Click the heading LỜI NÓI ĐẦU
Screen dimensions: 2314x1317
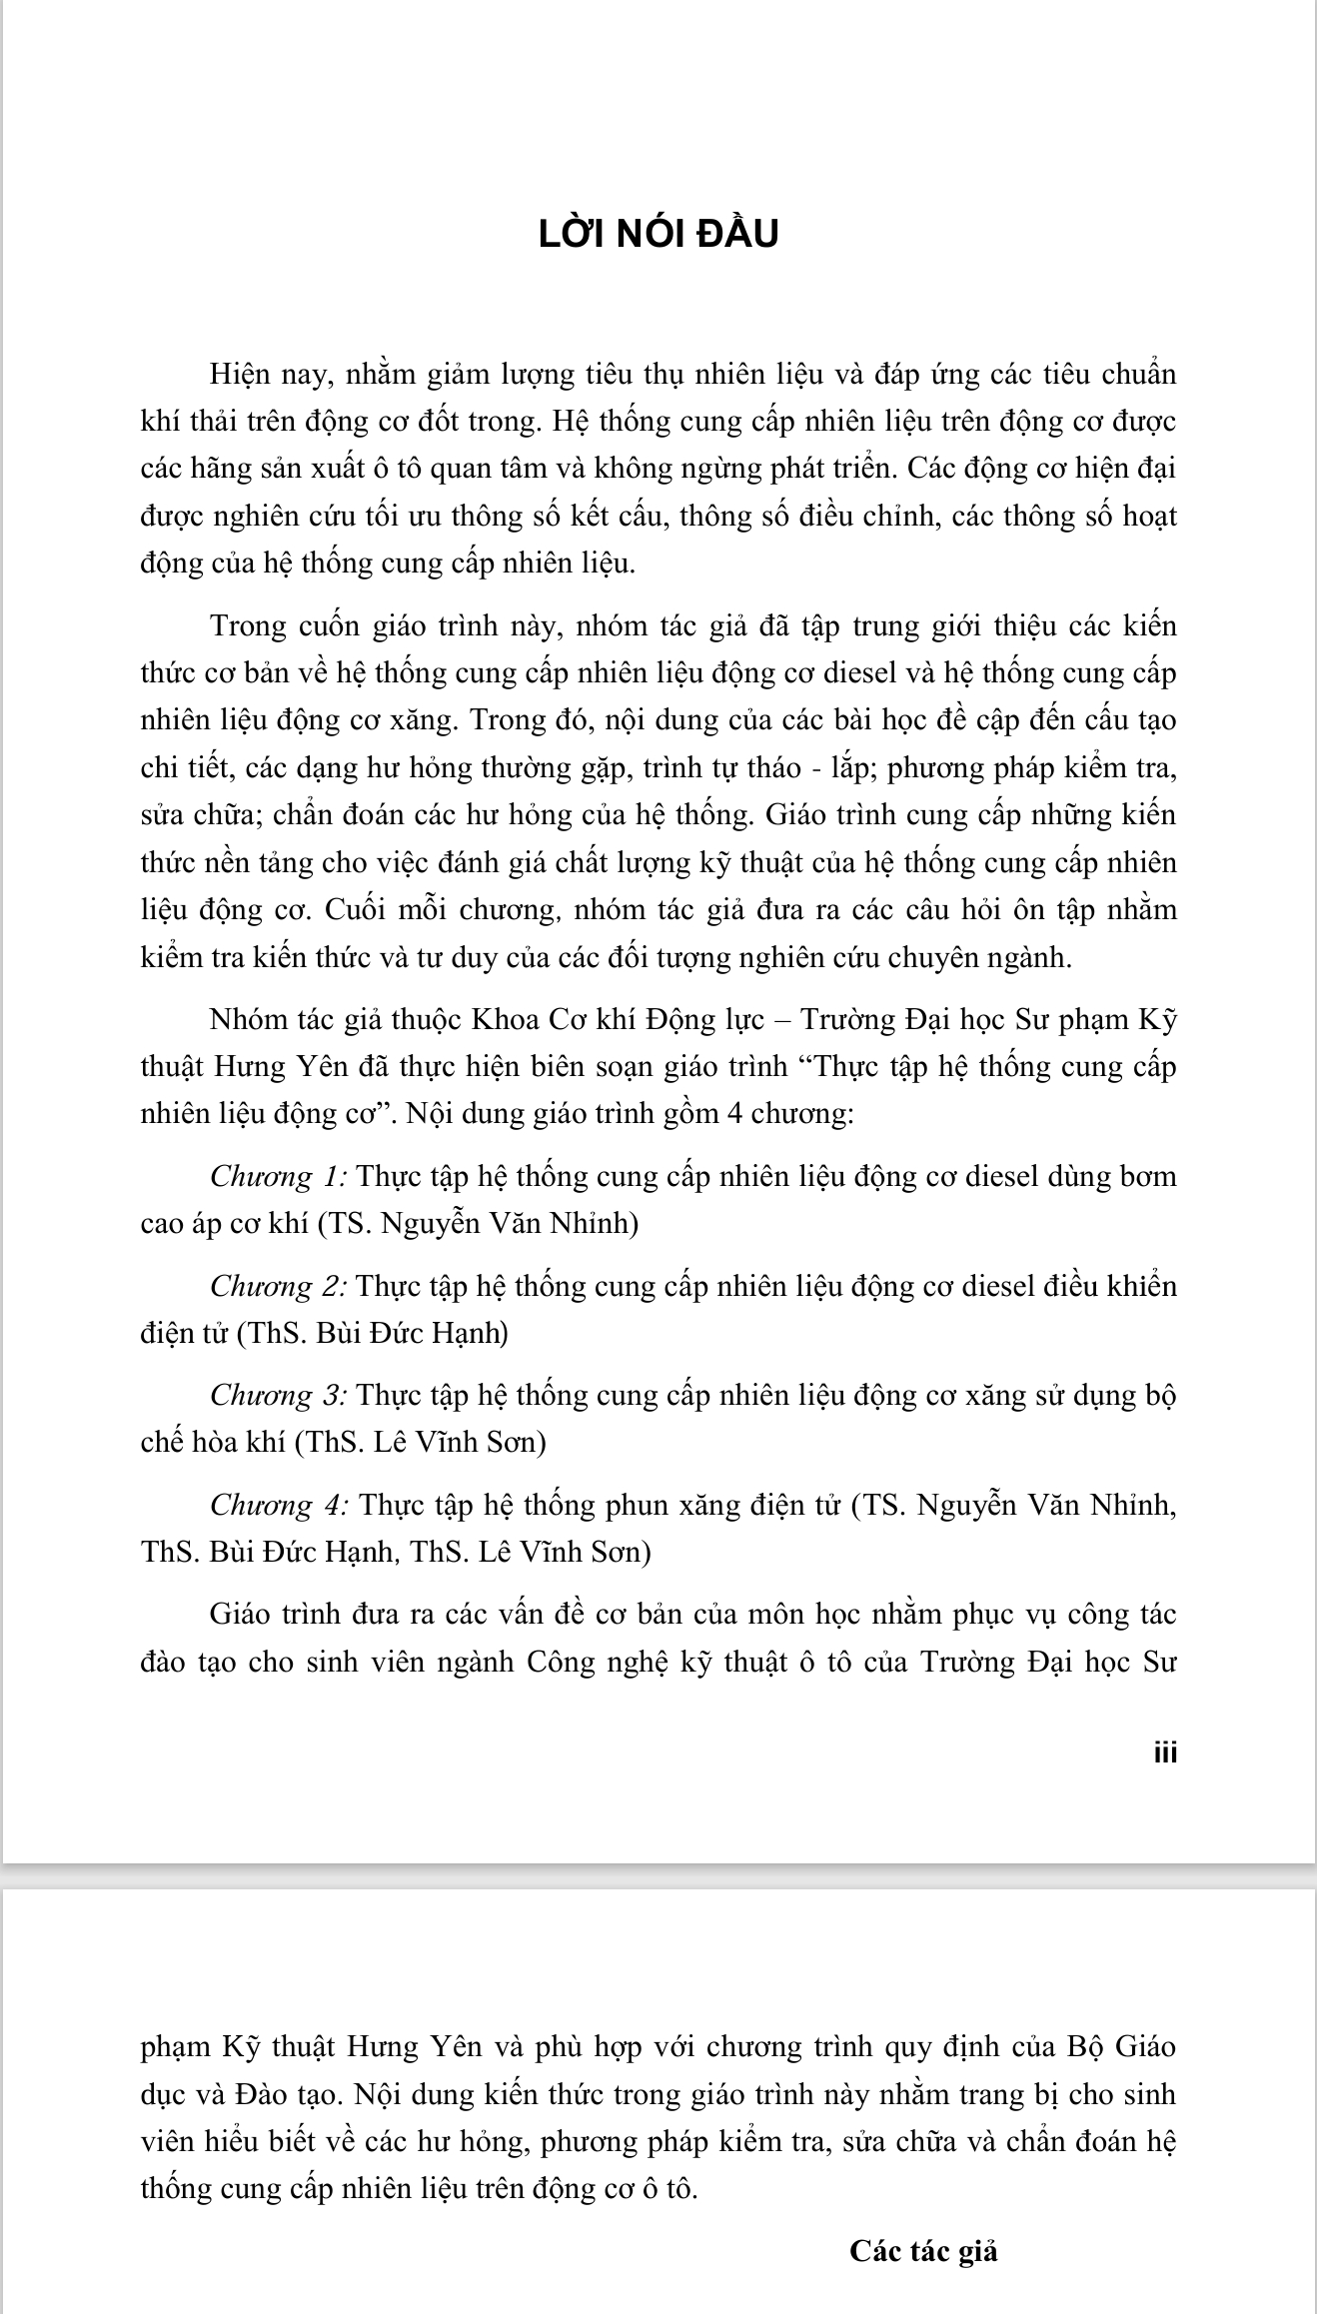(x=658, y=234)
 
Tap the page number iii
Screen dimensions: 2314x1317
(x=1165, y=1752)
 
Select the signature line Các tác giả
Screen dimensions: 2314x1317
(x=923, y=2250)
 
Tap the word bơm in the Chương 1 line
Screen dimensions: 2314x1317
(x=1151, y=1177)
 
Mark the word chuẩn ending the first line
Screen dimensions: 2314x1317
(x=1138, y=375)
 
